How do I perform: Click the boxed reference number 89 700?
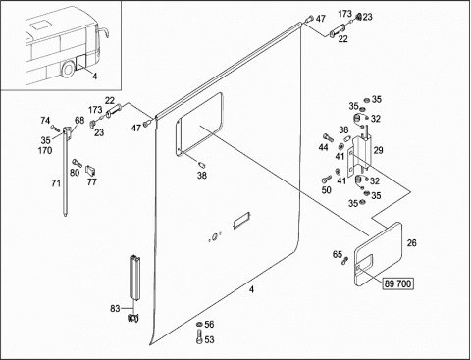[397, 283]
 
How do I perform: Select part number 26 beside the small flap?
[412, 243]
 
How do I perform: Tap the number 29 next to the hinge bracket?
[378, 150]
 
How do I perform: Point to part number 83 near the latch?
[115, 308]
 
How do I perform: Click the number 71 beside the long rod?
[56, 183]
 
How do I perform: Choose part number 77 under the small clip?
[92, 181]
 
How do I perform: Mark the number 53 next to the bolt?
[209, 339]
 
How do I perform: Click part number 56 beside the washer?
[209, 325]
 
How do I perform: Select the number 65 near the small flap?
[338, 254]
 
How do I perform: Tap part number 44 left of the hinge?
[323, 148]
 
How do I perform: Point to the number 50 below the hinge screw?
[327, 190]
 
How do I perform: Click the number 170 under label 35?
[45, 151]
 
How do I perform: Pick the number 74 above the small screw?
[45, 121]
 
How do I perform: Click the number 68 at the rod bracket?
[79, 120]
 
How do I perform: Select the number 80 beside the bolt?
[75, 172]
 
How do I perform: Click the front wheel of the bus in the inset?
[69, 70]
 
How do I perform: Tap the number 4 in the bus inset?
[94, 77]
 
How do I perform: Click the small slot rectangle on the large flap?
[241, 221]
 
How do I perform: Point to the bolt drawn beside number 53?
[199, 337]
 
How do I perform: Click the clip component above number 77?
[90, 170]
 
